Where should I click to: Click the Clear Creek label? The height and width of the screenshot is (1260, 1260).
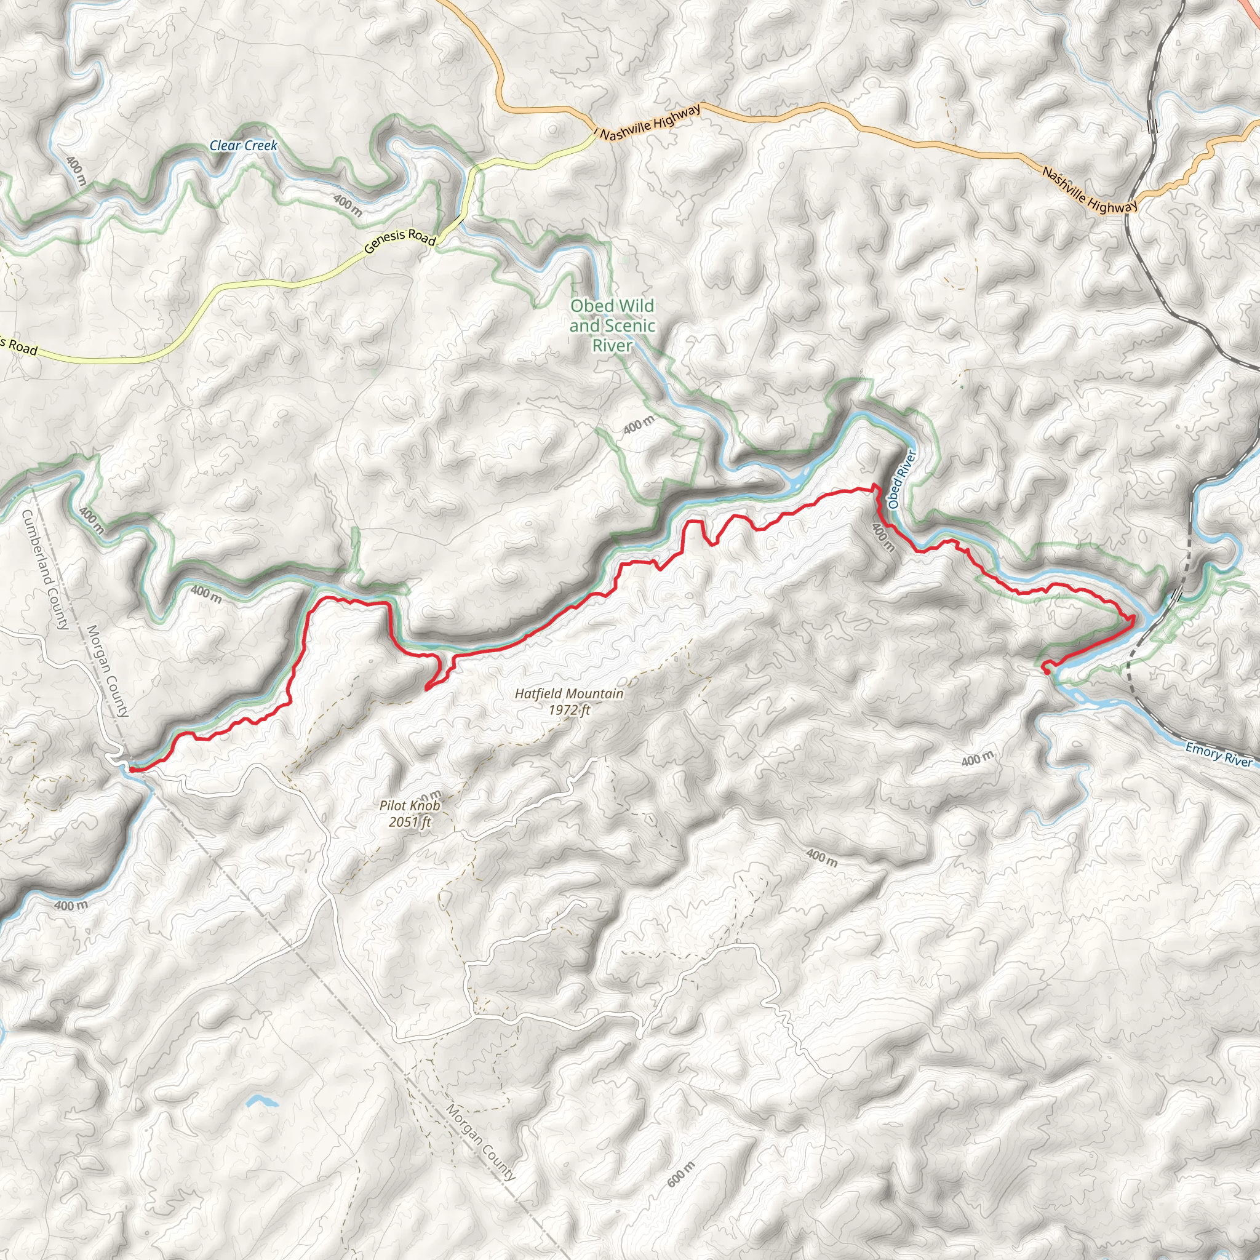243,145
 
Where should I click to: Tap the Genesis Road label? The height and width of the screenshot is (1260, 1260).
400,241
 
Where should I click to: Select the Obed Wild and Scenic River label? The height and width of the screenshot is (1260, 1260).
612,325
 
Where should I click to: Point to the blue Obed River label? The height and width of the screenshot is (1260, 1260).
903,479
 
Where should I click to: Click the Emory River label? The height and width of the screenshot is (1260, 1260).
1218,754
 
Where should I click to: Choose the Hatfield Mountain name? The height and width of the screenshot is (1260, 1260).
568,694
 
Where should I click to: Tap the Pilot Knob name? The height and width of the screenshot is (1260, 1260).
410,805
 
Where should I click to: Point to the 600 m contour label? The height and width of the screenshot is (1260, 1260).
682,1174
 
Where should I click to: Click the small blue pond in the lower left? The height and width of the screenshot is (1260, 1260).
261,1101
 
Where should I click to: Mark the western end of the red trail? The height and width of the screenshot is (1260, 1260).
132,770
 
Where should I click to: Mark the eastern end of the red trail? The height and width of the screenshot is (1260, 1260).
1045,666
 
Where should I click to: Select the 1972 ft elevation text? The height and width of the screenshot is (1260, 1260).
568,709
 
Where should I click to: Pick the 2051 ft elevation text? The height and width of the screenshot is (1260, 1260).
410,822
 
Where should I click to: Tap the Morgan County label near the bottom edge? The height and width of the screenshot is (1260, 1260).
481,1142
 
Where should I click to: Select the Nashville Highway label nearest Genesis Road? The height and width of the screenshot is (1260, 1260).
650,122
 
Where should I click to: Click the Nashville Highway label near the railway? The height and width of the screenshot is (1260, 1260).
1089,191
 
